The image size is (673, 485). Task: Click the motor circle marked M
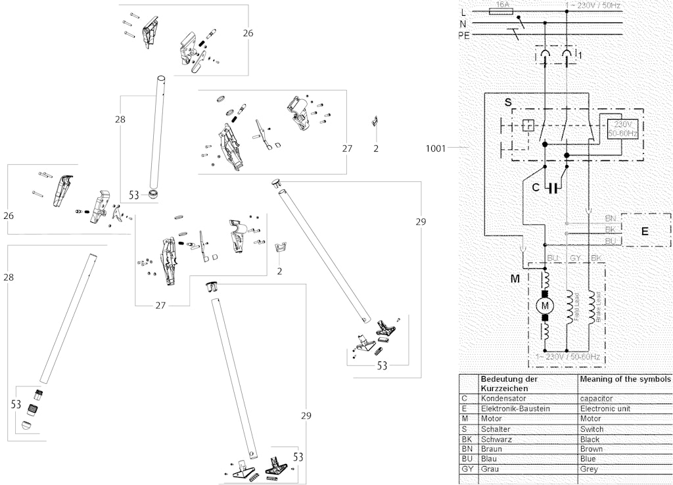pos(545,304)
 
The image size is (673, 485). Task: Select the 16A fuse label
pos(503,5)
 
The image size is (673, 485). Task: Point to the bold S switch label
pos(507,103)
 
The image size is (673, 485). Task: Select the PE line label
pos(464,35)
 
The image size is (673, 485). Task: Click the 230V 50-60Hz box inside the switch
pos(622,128)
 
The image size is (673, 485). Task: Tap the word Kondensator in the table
pos(503,398)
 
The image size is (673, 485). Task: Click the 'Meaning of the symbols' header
pos(625,379)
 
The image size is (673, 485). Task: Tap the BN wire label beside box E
pos(610,218)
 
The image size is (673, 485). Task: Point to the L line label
pos(464,12)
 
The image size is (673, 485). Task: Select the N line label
pos(464,24)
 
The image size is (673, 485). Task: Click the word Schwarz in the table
pos(497,439)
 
